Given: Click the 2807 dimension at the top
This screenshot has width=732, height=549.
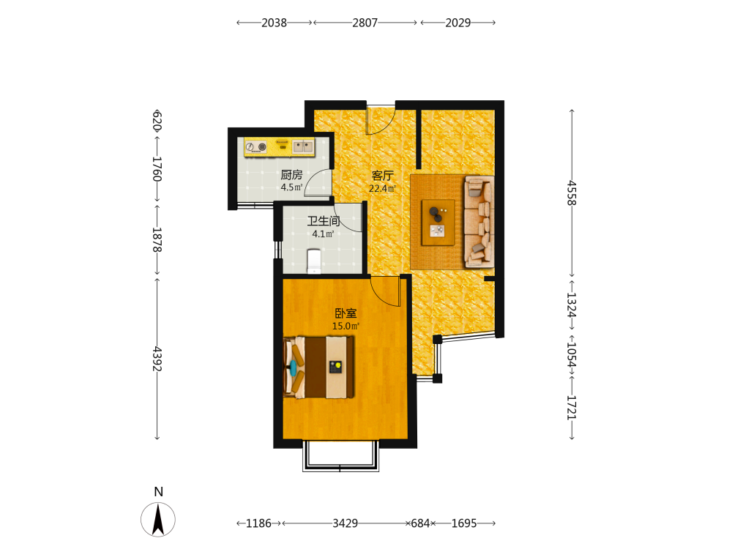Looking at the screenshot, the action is [x=365, y=23].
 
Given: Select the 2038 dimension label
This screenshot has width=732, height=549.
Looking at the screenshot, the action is [x=274, y=23].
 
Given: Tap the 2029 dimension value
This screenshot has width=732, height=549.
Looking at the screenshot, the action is [x=458, y=23].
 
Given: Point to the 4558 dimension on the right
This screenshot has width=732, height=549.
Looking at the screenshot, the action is [x=572, y=193].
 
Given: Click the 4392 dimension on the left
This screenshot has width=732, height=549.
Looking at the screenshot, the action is [x=157, y=359].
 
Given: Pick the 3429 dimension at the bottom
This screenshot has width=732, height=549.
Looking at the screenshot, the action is [x=345, y=523].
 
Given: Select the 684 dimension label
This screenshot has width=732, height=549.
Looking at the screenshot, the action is [x=420, y=523].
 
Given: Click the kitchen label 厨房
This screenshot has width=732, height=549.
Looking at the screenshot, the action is [x=291, y=175].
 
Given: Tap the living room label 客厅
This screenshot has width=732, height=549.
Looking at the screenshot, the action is [x=382, y=176].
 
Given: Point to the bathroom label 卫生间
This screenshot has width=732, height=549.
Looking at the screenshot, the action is [x=323, y=221].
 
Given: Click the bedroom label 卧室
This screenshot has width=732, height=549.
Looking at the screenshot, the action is [x=346, y=313].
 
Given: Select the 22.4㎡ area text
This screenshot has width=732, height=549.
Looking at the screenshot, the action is [x=382, y=189].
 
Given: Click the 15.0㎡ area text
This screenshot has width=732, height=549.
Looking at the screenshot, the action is [x=346, y=326].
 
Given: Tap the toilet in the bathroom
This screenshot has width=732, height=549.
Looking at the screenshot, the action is [x=314, y=261].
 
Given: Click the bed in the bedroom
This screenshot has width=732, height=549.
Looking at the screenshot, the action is [x=318, y=367].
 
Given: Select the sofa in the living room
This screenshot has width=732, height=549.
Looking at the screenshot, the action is [x=479, y=222].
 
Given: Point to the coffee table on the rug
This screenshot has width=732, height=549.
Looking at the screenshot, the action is [x=438, y=223].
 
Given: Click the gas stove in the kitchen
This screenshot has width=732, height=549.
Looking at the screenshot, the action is [x=255, y=147].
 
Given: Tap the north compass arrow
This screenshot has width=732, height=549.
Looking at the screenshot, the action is [x=158, y=519].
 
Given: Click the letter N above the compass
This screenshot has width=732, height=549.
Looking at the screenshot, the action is [x=159, y=492].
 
